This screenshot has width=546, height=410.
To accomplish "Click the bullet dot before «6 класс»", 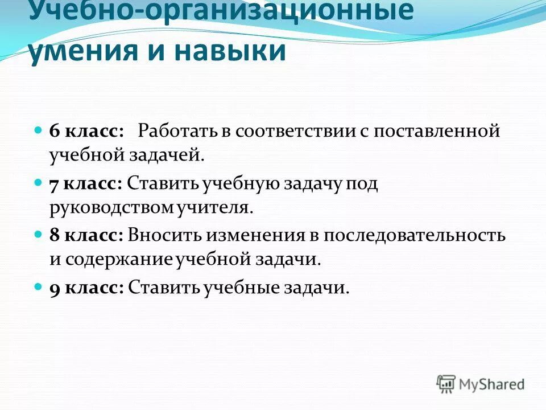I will (39, 130).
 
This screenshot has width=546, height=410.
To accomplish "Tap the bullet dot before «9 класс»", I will (39, 287).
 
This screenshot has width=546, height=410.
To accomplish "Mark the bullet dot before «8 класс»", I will (39, 235).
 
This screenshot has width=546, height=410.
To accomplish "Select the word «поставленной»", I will (437, 131).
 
